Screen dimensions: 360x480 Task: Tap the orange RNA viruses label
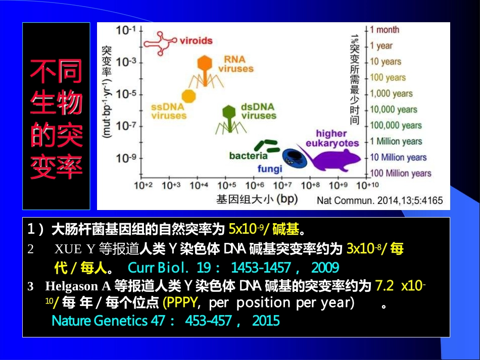pos(236,64)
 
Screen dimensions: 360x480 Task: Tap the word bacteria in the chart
pos(248,156)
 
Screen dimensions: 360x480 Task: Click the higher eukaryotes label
pos(331,138)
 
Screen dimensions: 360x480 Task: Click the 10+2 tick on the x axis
pos(143,185)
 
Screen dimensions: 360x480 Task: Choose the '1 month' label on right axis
pos(385,30)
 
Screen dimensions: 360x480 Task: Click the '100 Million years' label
pos(401,173)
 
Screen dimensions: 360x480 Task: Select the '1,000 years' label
pos(391,93)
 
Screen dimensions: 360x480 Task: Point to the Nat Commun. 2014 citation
pos(379,200)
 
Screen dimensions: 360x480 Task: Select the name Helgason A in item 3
pos(78,286)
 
